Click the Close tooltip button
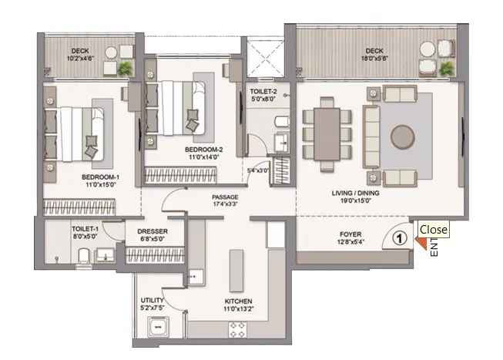pyautogui.click(x=433, y=230)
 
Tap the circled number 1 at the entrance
pyautogui.click(x=399, y=238)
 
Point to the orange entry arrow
pyautogui.click(x=421, y=243)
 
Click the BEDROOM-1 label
pyautogui.click(x=100, y=177)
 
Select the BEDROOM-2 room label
pyautogui.click(x=203, y=150)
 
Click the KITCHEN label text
pyautogui.click(x=238, y=301)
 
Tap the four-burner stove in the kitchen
pyautogui.click(x=237, y=330)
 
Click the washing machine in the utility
pyautogui.click(x=158, y=327)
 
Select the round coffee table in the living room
pyautogui.click(x=403, y=136)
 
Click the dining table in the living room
pyautogui.click(x=327, y=134)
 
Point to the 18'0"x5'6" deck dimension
pyautogui.click(x=374, y=59)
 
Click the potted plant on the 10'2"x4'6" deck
pyautogui.click(x=125, y=69)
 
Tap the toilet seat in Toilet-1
pyautogui.click(x=85, y=256)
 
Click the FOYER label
pyautogui.click(x=350, y=234)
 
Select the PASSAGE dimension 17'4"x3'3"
pyautogui.click(x=225, y=204)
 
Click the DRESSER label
pyautogui.click(x=153, y=231)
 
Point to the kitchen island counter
pyautogui.click(x=236, y=271)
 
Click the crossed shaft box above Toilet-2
pyautogui.click(x=265, y=59)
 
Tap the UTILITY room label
pyautogui.click(x=153, y=301)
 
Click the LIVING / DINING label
pyautogui.click(x=355, y=193)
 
